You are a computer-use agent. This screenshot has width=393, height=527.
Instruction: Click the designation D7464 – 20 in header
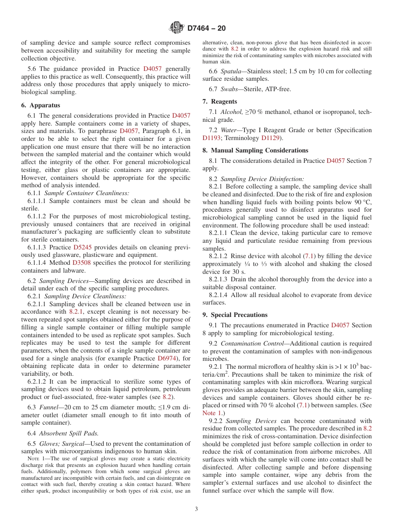tap(206, 29)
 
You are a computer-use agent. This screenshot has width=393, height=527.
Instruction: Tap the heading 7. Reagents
tap(220, 102)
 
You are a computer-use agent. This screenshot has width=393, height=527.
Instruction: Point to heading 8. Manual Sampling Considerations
tap(255, 150)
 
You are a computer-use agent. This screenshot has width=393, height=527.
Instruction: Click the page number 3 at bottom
tap(196, 509)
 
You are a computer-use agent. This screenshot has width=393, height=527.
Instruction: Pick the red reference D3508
tap(81, 263)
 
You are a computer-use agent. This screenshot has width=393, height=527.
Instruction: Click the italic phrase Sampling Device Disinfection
tap(262, 179)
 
